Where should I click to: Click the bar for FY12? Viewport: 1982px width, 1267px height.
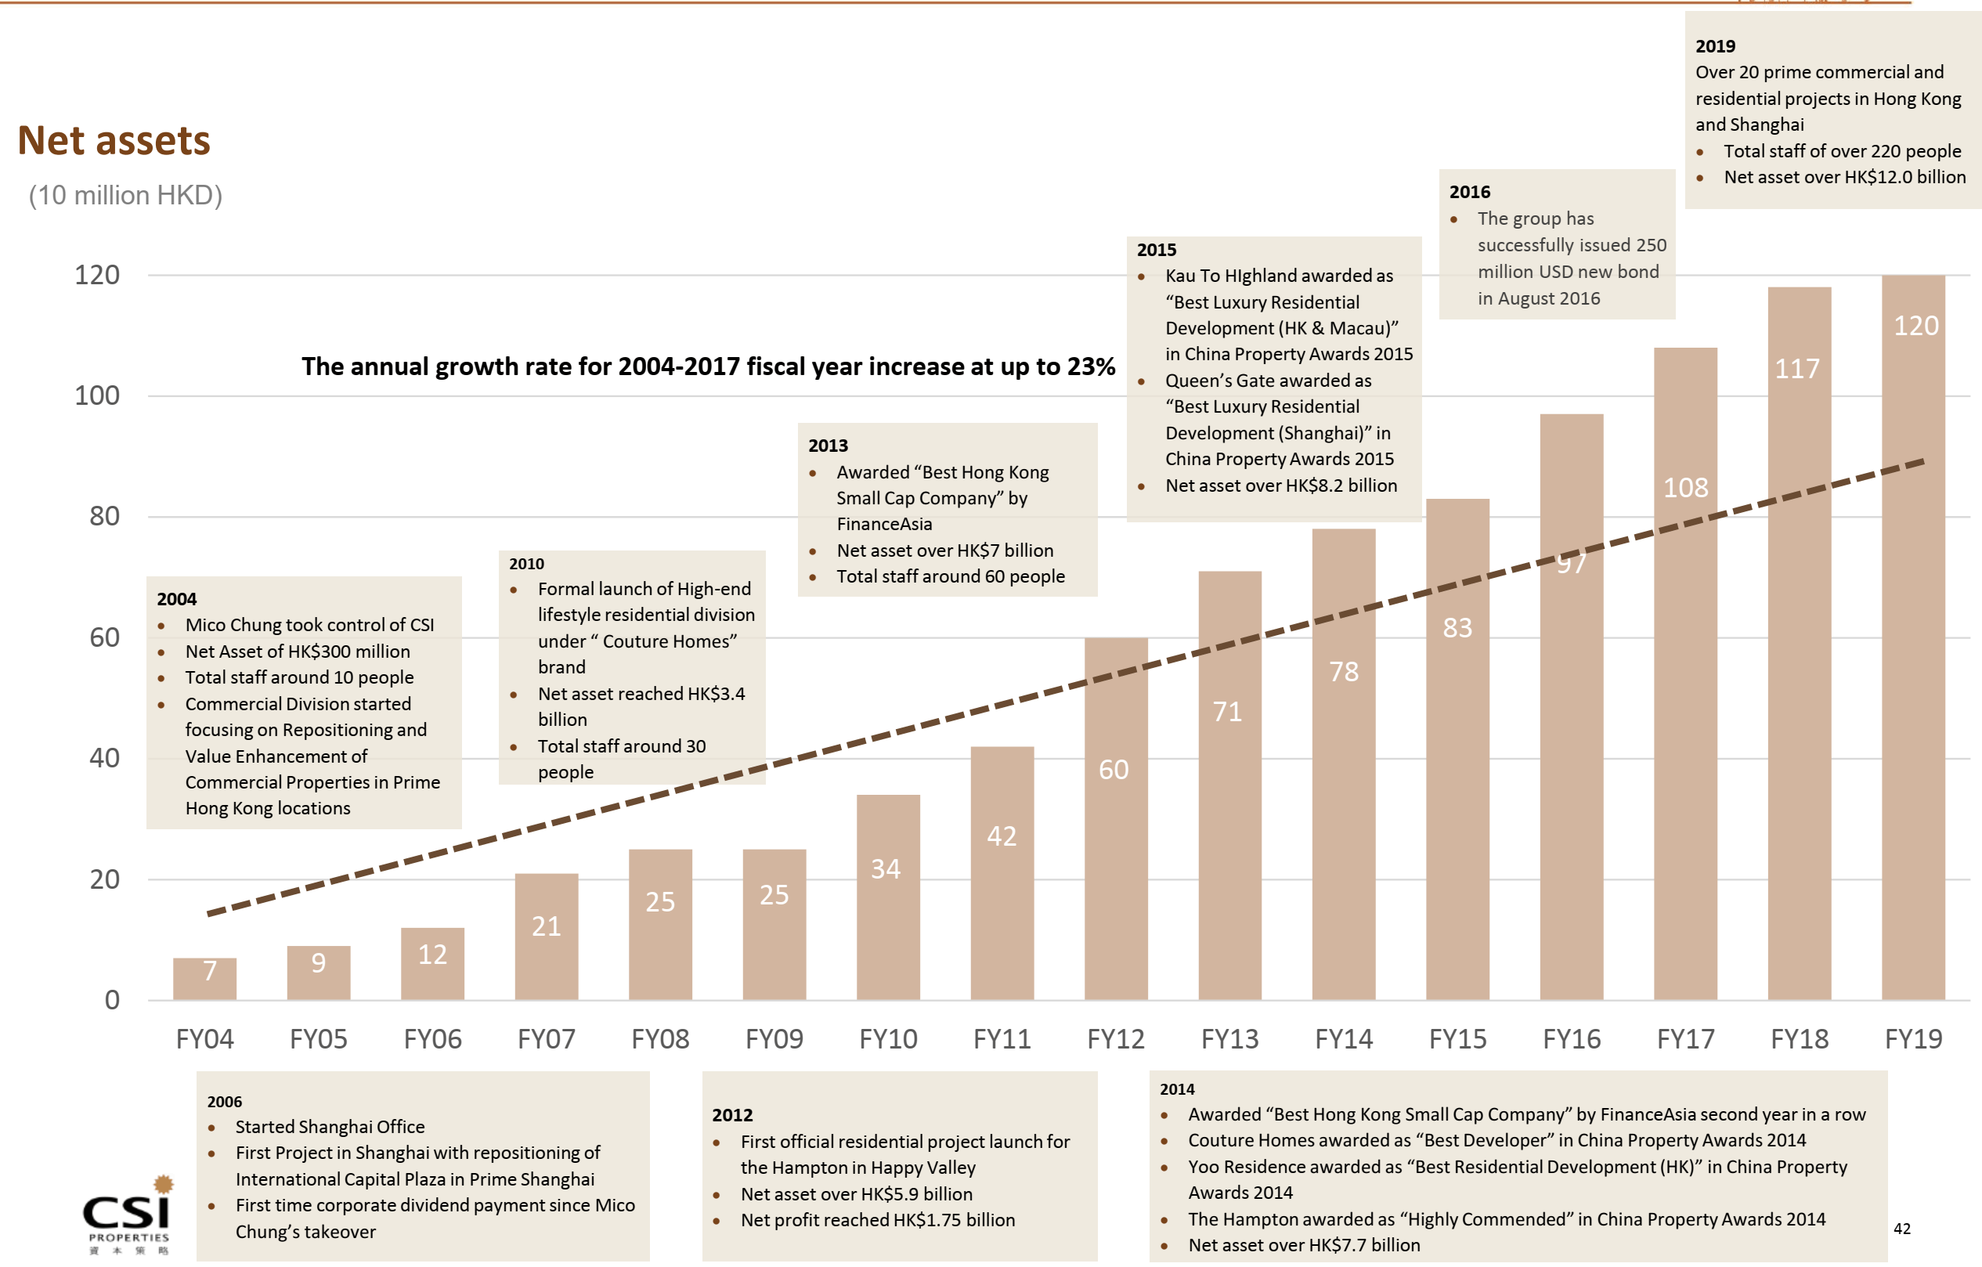tap(1115, 865)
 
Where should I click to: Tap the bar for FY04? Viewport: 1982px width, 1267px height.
tap(205, 984)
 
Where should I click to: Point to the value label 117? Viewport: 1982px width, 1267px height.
tap(1797, 369)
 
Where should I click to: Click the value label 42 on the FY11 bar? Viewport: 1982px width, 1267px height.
tap(1002, 836)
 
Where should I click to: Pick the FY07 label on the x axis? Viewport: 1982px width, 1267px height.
tap(547, 1039)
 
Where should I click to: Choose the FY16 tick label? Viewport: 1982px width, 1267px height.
tap(1572, 1039)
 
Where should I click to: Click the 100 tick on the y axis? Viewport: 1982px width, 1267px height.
tap(97, 396)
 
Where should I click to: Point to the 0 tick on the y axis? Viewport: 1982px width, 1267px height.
tap(112, 1000)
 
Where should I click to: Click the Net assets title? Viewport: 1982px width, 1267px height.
tap(114, 141)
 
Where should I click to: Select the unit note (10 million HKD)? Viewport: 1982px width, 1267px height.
tap(126, 196)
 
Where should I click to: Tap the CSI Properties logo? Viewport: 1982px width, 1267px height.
tap(128, 1215)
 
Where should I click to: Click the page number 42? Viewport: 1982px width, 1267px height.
tap(1901, 1229)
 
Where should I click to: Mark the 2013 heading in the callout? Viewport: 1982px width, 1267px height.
tap(827, 446)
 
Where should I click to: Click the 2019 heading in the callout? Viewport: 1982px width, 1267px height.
tap(1714, 47)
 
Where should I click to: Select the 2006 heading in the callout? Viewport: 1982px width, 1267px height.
tap(224, 1102)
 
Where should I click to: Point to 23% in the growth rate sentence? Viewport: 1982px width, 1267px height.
tap(1091, 367)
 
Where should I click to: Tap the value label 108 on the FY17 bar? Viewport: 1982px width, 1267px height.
tap(1685, 488)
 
